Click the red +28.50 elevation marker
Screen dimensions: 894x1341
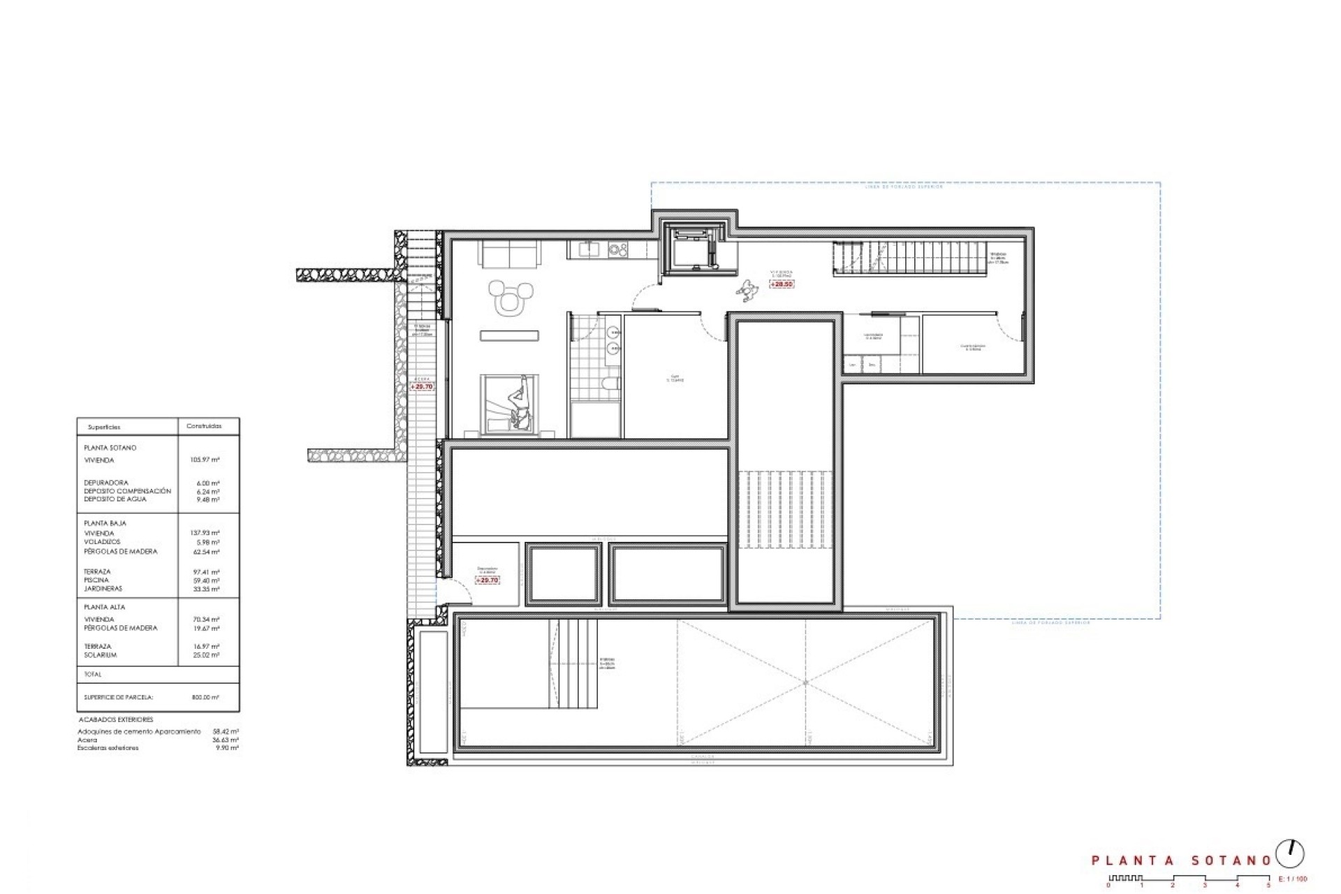(781, 284)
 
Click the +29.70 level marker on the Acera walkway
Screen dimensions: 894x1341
(422, 386)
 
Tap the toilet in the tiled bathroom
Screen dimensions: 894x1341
(610, 383)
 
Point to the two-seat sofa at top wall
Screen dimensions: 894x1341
(509, 254)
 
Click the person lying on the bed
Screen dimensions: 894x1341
(518, 406)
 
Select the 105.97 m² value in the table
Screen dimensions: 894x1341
(205, 460)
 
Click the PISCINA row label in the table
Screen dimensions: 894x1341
(97, 580)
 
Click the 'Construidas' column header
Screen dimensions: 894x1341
(204, 426)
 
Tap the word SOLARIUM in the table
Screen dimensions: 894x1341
(100, 655)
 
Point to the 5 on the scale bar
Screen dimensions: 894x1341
(1268, 886)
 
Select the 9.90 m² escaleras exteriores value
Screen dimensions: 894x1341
(228, 748)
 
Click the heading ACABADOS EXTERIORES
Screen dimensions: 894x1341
(115, 719)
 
